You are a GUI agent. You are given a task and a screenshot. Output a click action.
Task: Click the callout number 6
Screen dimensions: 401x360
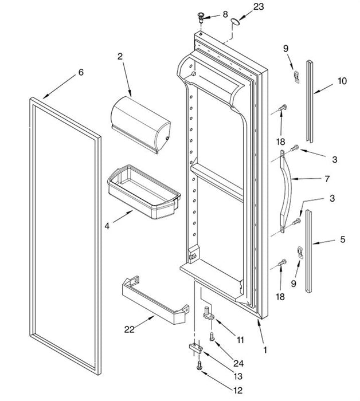point(81,72)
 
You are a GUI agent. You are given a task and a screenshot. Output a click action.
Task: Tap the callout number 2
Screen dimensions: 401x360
point(120,56)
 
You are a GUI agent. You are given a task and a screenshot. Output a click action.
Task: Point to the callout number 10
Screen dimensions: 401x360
point(342,81)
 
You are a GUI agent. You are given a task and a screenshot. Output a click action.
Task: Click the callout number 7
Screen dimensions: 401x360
point(327,179)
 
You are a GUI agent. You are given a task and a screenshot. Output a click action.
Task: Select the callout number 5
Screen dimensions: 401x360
point(342,239)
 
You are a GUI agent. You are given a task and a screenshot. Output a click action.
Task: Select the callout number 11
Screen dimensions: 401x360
point(240,340)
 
